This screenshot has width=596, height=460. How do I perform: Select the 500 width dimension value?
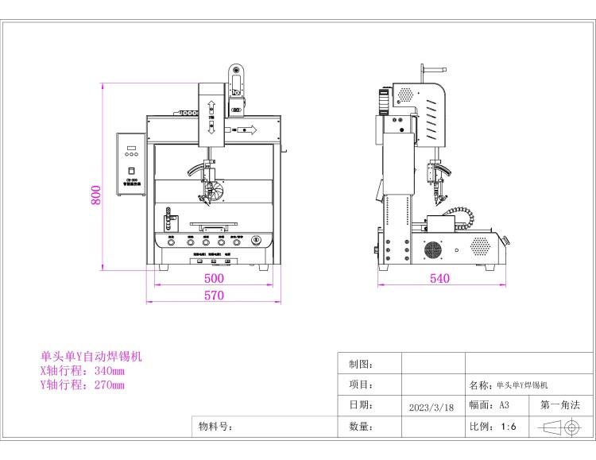(x=214, y=279)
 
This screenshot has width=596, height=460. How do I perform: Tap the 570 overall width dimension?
(x=214, y=296)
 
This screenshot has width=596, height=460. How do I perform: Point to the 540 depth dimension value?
(x=439, y=279)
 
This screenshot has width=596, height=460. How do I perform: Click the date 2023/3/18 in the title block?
(x=432, y=407)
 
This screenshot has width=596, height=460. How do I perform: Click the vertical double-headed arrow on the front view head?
(x=212, y=118)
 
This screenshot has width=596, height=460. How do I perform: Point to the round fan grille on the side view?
(x=432, y=249)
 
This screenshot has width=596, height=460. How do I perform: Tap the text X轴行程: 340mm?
(x=83, y=371)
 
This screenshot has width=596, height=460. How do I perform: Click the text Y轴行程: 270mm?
(x=83, y=385)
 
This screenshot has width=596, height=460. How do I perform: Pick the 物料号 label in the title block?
(x=215, y=427)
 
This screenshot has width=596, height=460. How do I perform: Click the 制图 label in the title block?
(x=361, y=364)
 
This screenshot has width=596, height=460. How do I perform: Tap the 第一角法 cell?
(x=560, y=405)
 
